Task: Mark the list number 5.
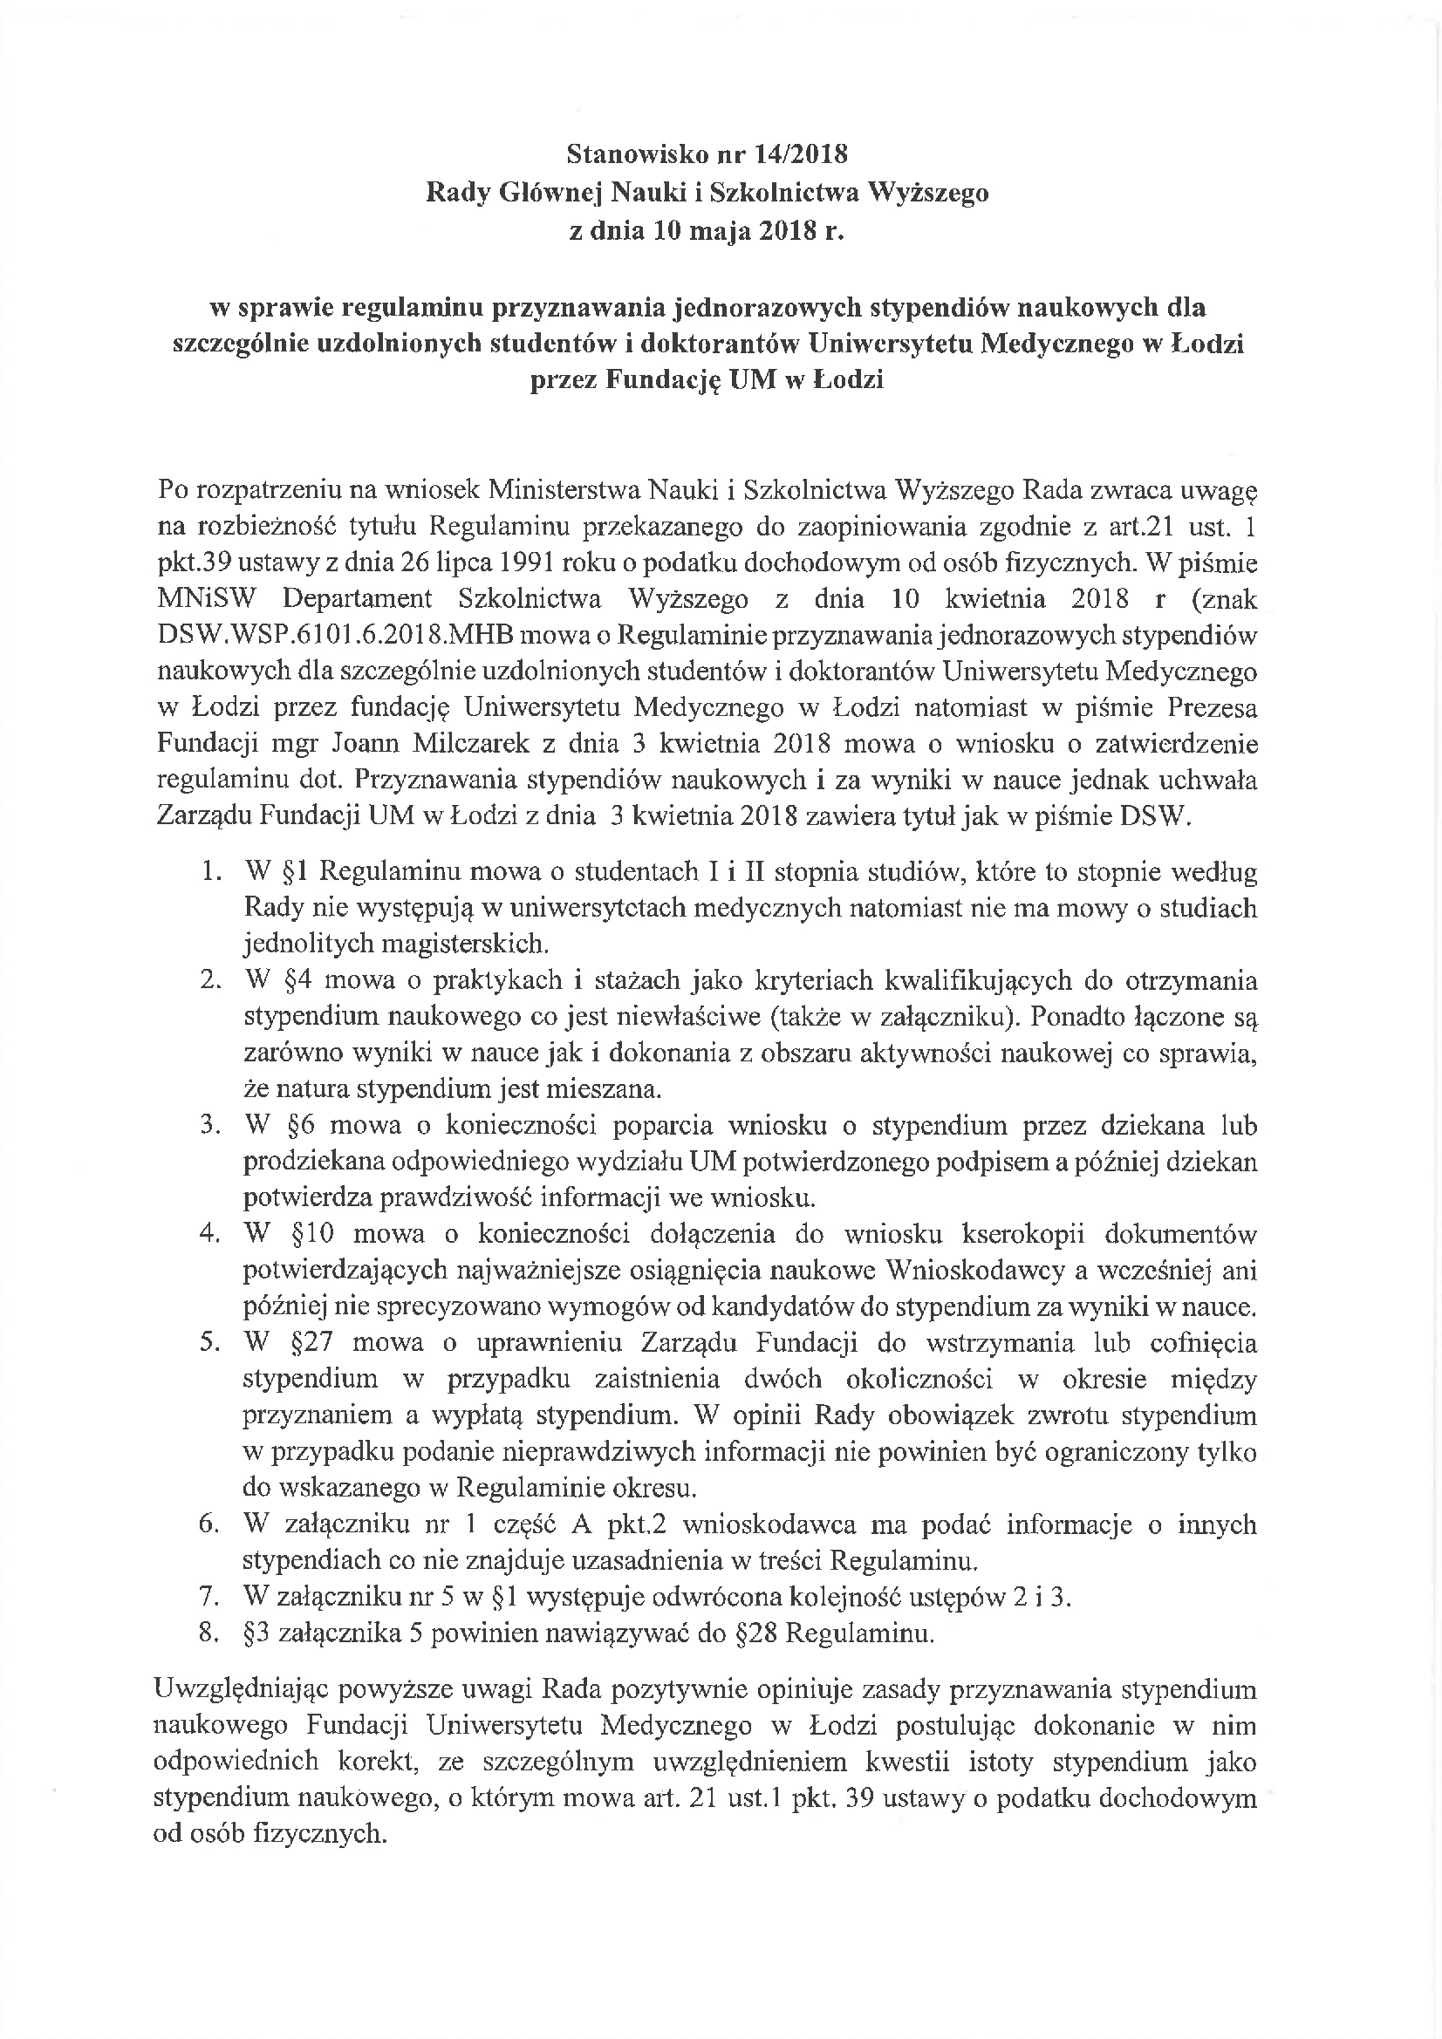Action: [x=208, y=1343]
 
